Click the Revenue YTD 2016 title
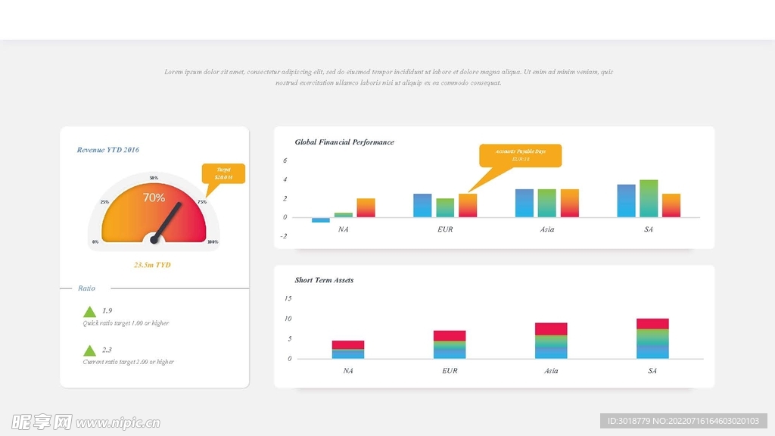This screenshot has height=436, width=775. coord(107,150)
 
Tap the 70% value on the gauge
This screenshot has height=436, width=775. coord(154,198)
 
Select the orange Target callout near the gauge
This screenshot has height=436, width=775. coord(223,174)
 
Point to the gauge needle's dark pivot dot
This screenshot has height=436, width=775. coord(154,240)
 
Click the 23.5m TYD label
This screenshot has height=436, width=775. coord(152,265)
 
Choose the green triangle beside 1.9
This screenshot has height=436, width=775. coord(89,312)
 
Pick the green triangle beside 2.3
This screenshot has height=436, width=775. coord(89,350)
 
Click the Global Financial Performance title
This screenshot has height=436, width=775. coord(344,142)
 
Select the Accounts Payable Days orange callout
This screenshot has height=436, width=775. coord(521,155)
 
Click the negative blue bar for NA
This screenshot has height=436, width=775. coord(321,220)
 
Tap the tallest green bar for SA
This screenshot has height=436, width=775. coord(649,198)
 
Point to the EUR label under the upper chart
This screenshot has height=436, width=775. coord(445,229)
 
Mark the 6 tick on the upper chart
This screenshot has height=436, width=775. coord(285,160)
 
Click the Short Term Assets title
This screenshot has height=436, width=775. coord(324,280)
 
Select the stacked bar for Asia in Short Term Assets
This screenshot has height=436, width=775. coord(551,341)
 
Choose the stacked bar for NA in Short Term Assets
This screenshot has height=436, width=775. coord(348,350)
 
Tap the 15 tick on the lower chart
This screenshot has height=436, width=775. coord(288,298)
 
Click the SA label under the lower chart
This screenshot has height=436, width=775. coord(652,371)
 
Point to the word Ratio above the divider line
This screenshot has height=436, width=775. coord(86,288)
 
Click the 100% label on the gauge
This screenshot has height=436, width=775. coord(213,242)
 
